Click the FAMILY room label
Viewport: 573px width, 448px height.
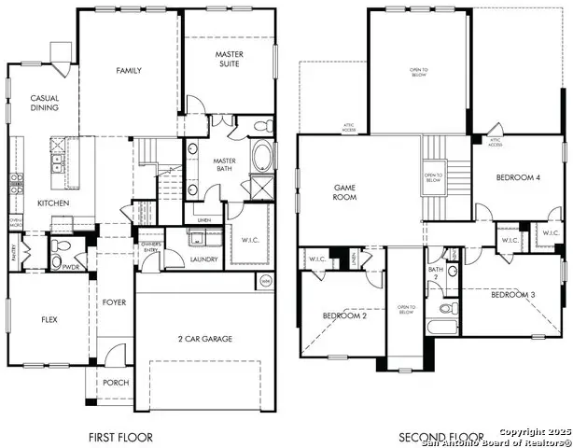click(x=128, y=71)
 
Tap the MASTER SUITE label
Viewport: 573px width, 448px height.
click(x=230, y=61)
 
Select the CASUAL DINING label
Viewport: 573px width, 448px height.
click(x=44, y=103)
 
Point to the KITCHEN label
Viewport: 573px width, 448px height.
click(x=52, y=203)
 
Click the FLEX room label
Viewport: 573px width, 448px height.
click(x=49, y=319)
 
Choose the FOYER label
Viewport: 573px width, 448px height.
click(x=114, y=301)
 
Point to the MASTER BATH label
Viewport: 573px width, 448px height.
click(x=223, y=166)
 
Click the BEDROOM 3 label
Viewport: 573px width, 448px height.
click(x=512, y=296)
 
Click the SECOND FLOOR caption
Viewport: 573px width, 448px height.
click(x=441, y=437)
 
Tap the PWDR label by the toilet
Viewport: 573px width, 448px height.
click(x=71, y=266)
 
